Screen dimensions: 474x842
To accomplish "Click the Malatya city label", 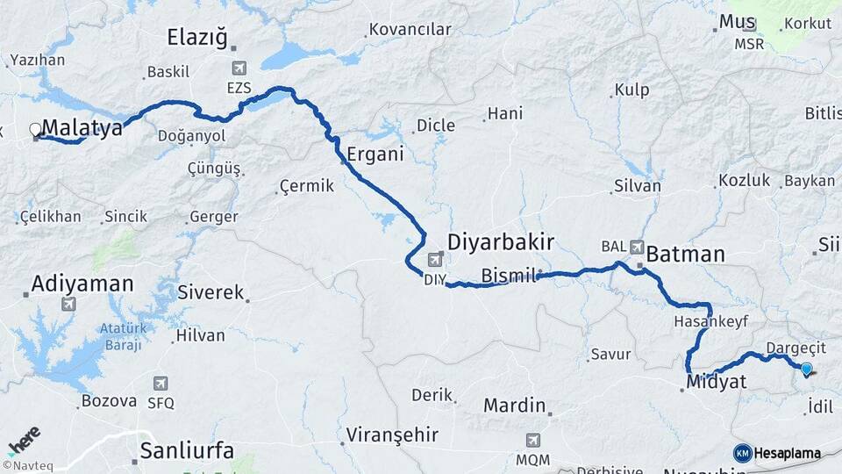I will click(x=82, y=128).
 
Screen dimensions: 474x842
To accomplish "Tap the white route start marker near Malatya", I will click(x=35, y=131).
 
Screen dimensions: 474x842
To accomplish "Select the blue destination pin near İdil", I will click(x=806, y=370).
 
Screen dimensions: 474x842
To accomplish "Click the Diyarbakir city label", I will click(x=502, y=241).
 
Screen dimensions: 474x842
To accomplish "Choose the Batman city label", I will click(x=686, y=255).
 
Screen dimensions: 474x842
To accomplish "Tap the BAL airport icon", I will click(x=636, y=248).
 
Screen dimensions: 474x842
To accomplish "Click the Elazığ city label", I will click(x=197, y=38).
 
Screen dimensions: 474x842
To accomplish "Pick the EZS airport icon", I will click(x=239, y=68).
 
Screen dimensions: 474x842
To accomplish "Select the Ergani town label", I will click(x=375, y=154).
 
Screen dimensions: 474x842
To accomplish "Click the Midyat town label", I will click(x=717, y=382).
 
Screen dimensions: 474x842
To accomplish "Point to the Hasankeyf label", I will click(x=710, y=321).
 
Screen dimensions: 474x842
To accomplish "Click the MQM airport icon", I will click(x=532, y=441).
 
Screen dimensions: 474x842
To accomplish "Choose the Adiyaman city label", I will click(x=82, y=284).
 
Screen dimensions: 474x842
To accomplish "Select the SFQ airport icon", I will click(x=161, y=384).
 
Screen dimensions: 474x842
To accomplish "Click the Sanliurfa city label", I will click(x=188, y=451).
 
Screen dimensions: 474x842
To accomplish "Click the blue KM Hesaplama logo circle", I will click(x=743, y=453).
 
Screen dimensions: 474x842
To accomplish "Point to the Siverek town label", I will click(x=210, y=292).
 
